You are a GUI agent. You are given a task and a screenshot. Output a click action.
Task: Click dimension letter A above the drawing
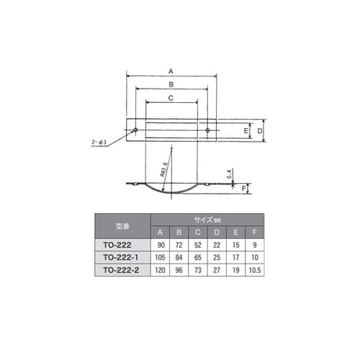pyautogui.click(x=171, y=71)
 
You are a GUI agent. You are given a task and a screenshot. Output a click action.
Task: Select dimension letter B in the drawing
pyautogui.click(x=171, y=84)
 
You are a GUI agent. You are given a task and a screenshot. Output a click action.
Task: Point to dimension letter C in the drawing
pyautogui.click(x=171, y=97)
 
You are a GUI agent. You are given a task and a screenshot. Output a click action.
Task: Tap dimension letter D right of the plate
pyautogui.click(x=261, y=131)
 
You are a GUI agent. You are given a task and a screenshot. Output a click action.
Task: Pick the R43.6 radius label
pyautogui.click(x=165, y=171)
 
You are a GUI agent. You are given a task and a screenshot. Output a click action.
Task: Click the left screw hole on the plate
pyautogui.click(x=135, y=130)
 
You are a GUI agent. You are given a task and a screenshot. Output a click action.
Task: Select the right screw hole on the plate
pyautogui.click(x=207, y=130)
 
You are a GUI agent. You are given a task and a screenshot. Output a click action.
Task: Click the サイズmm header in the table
pyautogui.click(x=208, y=218)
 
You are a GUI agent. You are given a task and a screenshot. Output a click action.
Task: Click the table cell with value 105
pyautogui.click(x=161, y=257)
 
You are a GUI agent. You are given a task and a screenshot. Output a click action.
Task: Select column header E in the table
pyautogui.click(x=235, y=232)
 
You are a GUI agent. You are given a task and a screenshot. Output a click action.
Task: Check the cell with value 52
pyautogui.click(x=198, y=245)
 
